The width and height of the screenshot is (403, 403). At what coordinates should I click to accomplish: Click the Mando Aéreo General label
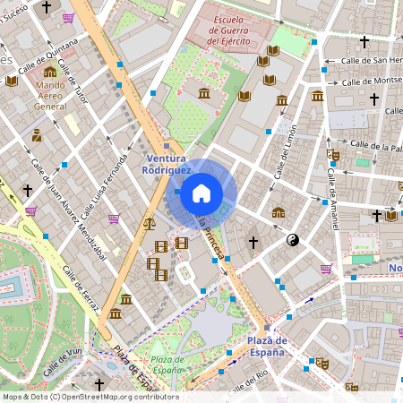pyautogui.click(x=50, y=96)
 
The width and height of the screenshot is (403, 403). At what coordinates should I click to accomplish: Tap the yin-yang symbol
pyautogui.click(x=293, y=240)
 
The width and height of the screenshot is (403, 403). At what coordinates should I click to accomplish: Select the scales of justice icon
pyautogui.click(x=149, y=224)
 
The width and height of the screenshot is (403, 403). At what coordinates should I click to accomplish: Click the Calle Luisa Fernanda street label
pyautogui.click(x=104, y=189)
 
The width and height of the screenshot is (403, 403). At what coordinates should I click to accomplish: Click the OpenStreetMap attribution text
pyautogui.click(x=90, y=396)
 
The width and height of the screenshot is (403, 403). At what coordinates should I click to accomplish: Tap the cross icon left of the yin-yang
pyautogui.click(x=253, y=242)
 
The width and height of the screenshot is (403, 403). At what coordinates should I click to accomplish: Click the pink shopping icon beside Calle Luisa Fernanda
pyautogui.click(x=114, y=219)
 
